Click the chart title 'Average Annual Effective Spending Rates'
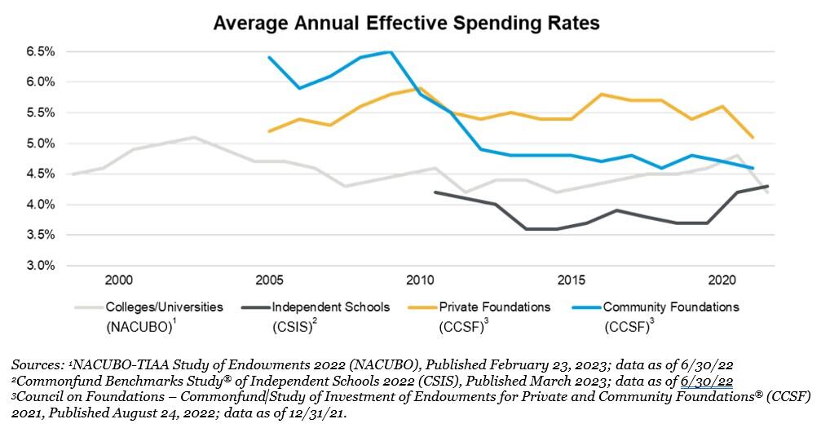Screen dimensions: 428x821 click(x=406, y=23)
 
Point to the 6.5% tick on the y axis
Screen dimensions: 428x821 click(x=40, y=51)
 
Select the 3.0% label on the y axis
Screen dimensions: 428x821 click(x=40, y=266)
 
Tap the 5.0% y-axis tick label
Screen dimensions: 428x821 click(x=40, y=143)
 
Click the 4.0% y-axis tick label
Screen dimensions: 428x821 click(x=40, y=205)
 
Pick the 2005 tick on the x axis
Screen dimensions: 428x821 click(x=269, y=280)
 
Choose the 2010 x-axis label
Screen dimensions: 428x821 click(x=420, y=280)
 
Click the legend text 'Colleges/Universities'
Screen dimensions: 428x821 click(x=164, y=307)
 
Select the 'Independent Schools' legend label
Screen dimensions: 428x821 click(x=331, y=307)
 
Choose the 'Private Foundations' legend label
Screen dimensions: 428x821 click(x=495, y=307)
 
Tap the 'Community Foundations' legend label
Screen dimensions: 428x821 click(x=671, y=307)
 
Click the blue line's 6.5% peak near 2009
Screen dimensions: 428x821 click(x=390, y=52)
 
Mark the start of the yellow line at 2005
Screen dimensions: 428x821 click(x=269, y=130)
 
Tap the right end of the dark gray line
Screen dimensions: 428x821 click(x=767, y=187)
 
